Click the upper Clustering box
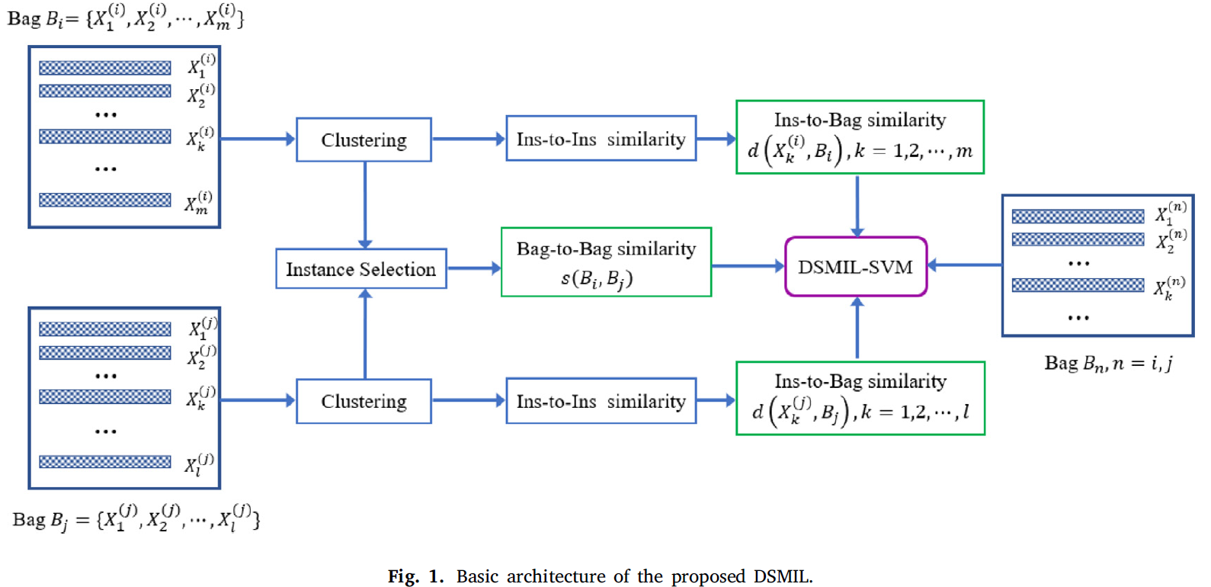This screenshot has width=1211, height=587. (x=364, y=140)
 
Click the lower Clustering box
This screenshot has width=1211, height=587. (x=364, y=401)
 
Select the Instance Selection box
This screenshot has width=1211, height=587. (x=360, y=269)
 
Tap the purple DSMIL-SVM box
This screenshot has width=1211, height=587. (x=855, y=267)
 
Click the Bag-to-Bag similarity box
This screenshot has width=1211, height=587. (x=606, y=262)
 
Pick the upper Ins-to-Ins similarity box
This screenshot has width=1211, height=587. (x=601, y=139)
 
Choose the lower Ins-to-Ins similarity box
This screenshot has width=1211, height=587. (x=601, y=401)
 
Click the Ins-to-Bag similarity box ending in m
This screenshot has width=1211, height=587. (x=860, y=137)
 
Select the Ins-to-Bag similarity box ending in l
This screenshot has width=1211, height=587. (x=860, y=399)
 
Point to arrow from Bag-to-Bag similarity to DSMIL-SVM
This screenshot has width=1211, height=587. (x=748, y=266)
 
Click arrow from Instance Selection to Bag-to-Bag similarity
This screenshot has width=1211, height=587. (x=473, y=268)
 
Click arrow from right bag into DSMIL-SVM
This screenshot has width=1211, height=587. (x=964, y=265)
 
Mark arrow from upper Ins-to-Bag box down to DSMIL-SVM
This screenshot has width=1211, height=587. (x=857, y=205)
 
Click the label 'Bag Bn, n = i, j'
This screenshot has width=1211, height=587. (x=1107, y=363)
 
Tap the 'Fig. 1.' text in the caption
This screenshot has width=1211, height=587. (x=415, y=576)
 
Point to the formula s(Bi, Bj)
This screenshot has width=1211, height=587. (x=597, y=279)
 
